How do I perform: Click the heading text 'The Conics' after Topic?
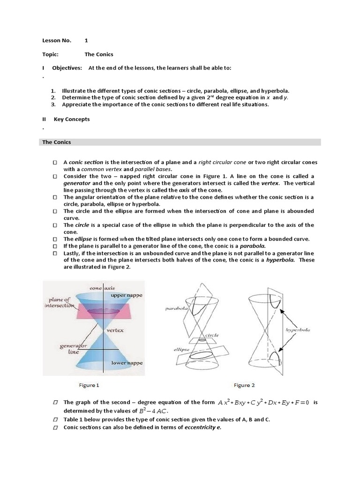(99, 54)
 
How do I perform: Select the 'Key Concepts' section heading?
(72, 119)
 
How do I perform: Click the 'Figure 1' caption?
(89, 385)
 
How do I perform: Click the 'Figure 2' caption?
(244, 385)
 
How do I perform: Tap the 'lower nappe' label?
(127, 363)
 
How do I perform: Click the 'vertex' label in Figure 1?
(115, 330)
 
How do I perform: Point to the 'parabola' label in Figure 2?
(176, 309)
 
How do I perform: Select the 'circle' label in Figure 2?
(212, 336)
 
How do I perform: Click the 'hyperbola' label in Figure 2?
(298, 330)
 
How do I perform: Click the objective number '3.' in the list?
(53, 105)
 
